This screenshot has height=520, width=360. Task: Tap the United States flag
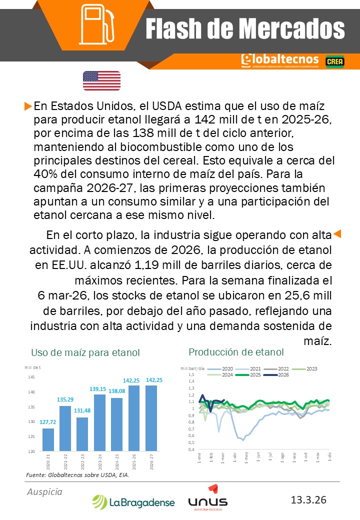tap(101, 80)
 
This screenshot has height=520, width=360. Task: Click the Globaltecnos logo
tap(279, 60)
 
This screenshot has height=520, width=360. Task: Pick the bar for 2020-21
tap(48, 439)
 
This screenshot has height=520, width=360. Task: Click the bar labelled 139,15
tap(99, 422)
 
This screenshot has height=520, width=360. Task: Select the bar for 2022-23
tap(82, 434)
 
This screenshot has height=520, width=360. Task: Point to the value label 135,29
tap(65, 399)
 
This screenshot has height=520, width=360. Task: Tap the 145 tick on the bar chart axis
tap(31, 377)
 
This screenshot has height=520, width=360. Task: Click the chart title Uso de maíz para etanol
tap(85, 353)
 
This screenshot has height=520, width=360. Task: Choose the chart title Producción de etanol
tap(236, 352)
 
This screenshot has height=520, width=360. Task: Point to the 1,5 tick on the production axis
tap(190, 374)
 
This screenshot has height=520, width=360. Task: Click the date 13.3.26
tap(308, 499)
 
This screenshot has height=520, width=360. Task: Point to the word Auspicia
tap(44, 492)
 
